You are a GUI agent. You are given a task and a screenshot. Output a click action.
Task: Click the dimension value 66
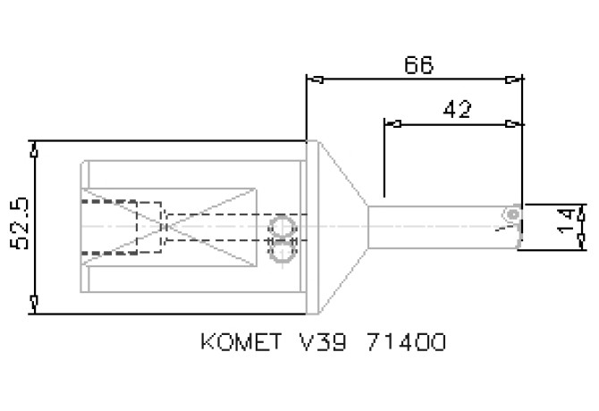point(418,65)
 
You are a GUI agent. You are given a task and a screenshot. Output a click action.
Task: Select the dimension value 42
point(457,109)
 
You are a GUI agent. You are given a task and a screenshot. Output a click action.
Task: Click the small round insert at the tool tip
point(511,214)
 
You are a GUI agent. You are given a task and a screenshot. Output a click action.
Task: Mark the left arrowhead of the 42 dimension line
point(390,122)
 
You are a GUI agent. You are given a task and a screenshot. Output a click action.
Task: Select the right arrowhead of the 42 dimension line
point(512,122)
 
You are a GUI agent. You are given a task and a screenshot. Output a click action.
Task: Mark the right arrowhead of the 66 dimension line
point(513,80)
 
